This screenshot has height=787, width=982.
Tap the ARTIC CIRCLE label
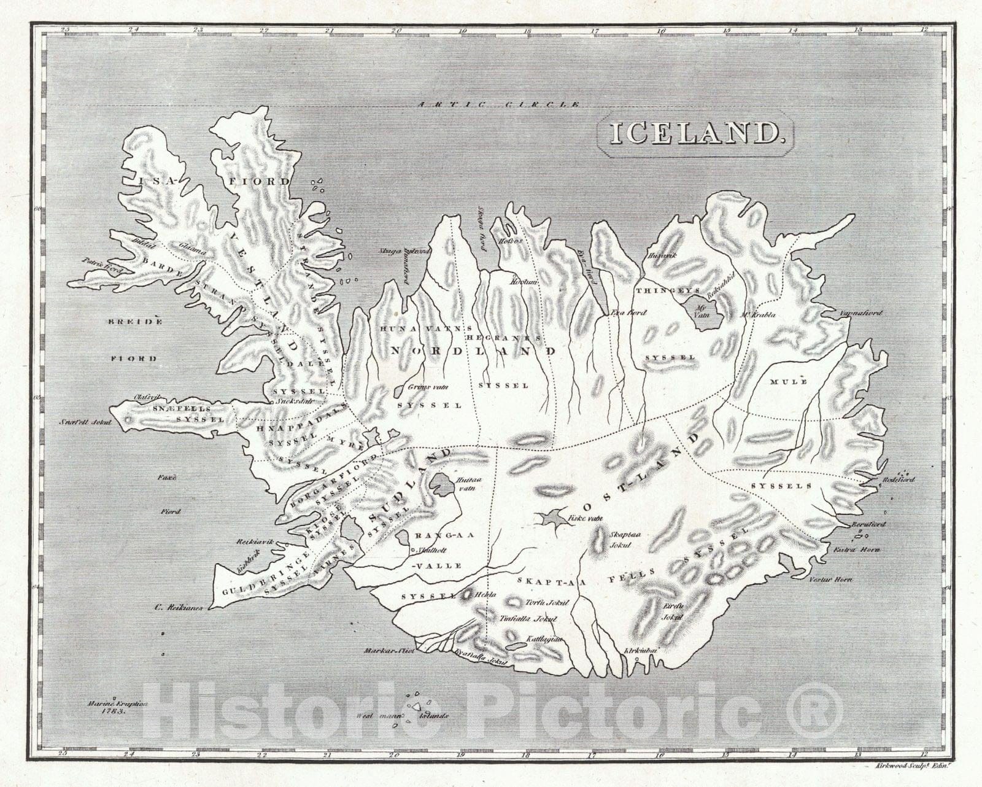pos(498,104)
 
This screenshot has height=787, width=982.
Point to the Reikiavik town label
pos(253,543)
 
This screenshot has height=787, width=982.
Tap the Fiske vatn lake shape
pos(554,518)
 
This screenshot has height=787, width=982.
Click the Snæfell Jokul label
pos(85,422)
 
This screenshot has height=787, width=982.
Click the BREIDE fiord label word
pos(136,321)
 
